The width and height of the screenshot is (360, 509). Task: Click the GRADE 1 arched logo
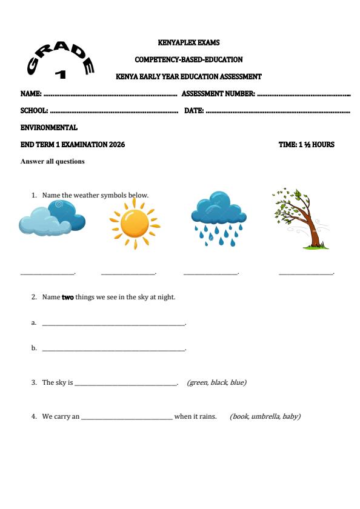tap(61, 59)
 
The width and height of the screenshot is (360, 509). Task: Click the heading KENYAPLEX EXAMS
tap(188, 43)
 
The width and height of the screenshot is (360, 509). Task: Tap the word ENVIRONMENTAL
tap(49, 128)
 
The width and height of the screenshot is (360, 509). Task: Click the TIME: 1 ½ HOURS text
tap(306, 145)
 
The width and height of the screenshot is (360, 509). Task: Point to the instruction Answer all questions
tap(53, 162)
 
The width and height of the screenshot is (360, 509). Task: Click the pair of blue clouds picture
tap(52, 219)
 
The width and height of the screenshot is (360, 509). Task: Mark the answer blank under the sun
tap(128, 274)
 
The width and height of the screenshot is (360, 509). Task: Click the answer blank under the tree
tap(306, 274)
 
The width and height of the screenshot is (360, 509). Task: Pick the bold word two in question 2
tap(67, 298)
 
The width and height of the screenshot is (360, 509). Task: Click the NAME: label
tap(31, 95)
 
